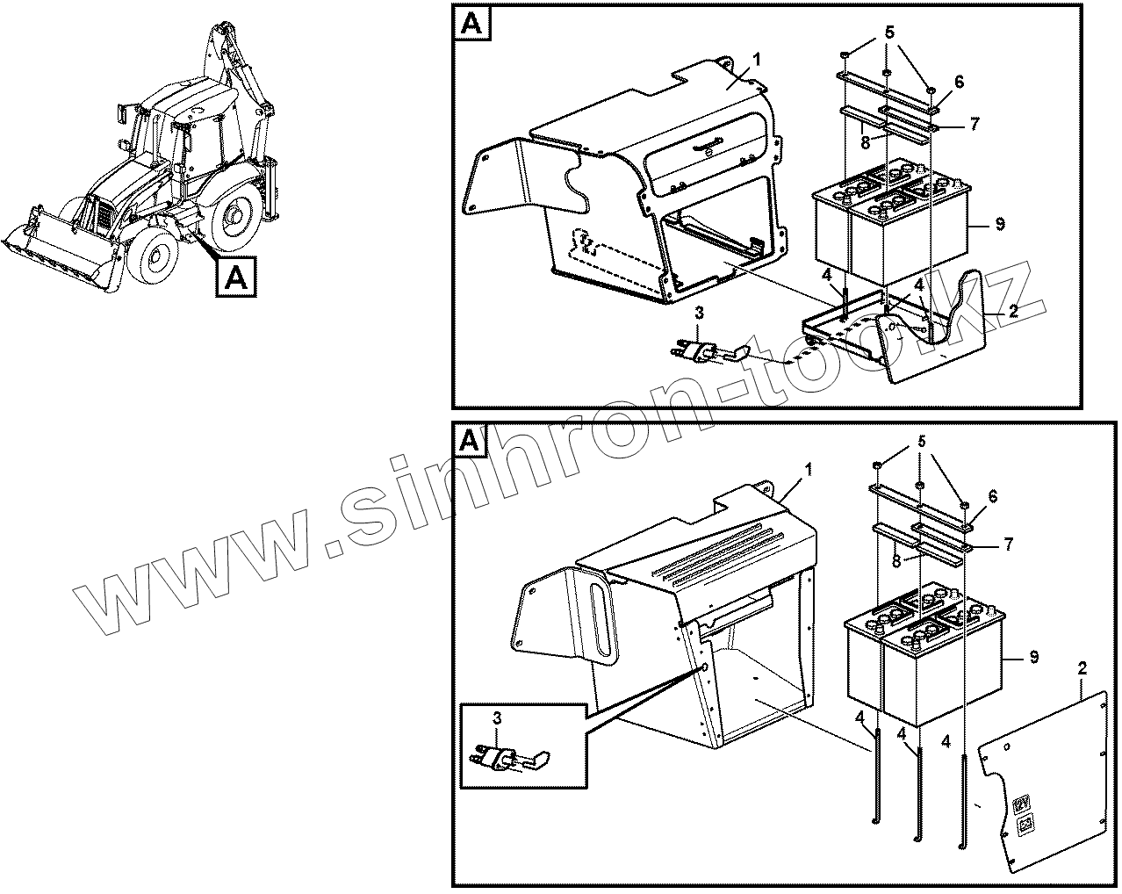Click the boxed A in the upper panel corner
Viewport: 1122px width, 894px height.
(x=471, y=25)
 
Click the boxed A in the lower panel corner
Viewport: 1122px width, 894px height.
(x=471, y=440)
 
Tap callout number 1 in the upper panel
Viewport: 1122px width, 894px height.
(x=757, y=60)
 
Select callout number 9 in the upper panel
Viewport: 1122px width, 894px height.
(x=1000, y=225)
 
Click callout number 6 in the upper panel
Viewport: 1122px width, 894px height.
(x=960, y=82)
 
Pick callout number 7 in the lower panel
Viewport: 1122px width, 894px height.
(x=1010, y=544)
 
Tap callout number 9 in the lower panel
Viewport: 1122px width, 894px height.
(x=1034, y=656)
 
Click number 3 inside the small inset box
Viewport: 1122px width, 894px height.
(x=497, y=718)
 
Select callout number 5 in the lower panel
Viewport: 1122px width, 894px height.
(x=920, y=443)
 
